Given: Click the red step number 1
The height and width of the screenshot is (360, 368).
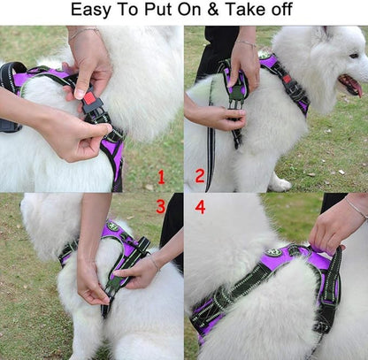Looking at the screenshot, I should (160, 176).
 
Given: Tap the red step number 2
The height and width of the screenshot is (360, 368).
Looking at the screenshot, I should (199, 176).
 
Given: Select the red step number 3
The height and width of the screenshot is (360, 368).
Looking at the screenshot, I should (160, 207).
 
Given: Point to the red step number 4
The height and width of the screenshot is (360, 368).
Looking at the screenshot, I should (199, 207).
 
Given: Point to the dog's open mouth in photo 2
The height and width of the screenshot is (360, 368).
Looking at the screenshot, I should (350, 85).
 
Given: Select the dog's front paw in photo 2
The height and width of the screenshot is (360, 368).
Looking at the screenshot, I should (280, 183).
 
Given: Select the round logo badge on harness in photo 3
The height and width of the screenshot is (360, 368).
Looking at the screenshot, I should (112, 227).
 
